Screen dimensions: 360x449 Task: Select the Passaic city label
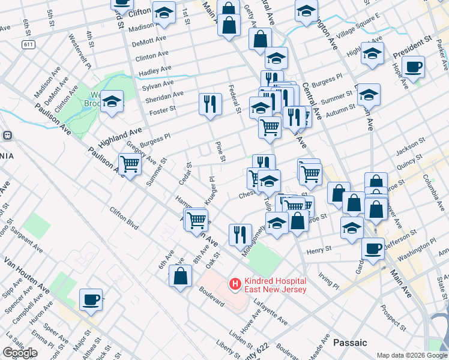tap(350, 343)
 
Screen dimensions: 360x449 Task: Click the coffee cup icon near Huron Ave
tap(91, 299)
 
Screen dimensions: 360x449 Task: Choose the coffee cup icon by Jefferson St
tap(373, 248)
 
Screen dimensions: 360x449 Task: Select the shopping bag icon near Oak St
tap(180, 277)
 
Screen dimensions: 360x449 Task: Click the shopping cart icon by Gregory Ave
tap(130, 163)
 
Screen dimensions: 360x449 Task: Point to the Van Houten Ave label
tap(27, 275)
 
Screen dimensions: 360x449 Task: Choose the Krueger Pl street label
tap(210, 191)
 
